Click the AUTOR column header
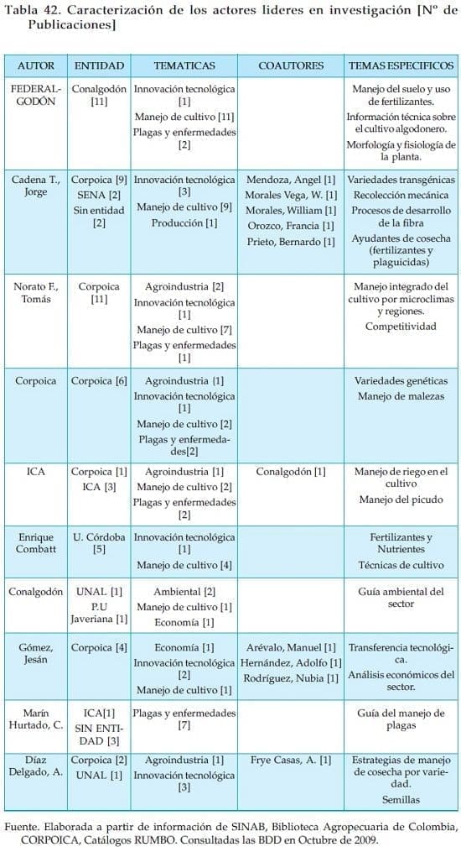[x=36, y=65]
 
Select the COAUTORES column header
[x=290, y=65]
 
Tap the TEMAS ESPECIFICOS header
[x=401, y=65]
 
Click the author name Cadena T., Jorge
[x=36, y=186]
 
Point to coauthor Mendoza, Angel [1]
[x=290, y=180]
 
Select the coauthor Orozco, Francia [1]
[x=290, y=226]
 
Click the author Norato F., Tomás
[x=36, y=293]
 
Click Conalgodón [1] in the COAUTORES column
[x=290, y=472]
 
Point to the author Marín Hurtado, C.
[x=36, y=719]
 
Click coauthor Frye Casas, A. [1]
[x=290, y=760]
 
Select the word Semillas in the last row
[x=401, y=800]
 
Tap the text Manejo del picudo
[x=401, y=500]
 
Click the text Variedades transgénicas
[x=401, y=180]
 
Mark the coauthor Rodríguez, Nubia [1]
[x=290, y=678]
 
